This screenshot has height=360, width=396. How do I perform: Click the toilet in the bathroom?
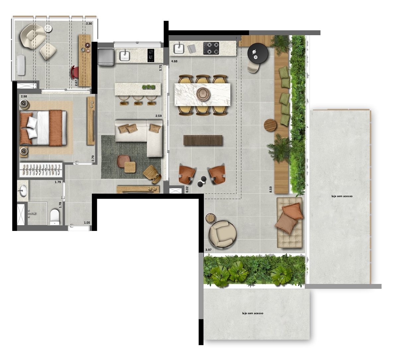coord(54,217)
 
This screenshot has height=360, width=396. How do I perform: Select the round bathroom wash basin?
coord(23,191)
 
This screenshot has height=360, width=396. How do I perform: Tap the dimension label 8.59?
coord(271,189)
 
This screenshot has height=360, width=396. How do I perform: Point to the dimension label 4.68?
coord(174,61)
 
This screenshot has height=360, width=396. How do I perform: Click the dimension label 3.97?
coord(208,250)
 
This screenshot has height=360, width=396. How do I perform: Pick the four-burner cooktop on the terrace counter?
coord(211,48)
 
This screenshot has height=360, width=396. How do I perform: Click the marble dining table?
coord(202,95)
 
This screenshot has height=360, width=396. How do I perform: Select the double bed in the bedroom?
coord(43,128)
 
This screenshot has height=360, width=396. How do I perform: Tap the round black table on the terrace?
coord(258,53)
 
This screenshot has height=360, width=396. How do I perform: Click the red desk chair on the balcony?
coord(74,72)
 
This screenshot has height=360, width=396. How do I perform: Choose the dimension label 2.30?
coord(89,24)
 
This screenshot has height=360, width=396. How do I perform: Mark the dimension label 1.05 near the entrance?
coord(87,223)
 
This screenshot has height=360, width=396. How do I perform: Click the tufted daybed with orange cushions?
coord(289,223)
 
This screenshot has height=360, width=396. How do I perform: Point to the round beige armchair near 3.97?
coord(223,234)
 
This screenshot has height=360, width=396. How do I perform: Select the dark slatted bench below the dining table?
coord(203,140)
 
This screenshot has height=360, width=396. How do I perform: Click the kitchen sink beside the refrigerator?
coord(124,56)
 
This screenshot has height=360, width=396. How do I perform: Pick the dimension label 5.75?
coord(160,68)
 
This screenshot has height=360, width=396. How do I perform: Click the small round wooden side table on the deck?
coord(270,125)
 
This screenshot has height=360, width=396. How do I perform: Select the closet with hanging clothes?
coord(40,170)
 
